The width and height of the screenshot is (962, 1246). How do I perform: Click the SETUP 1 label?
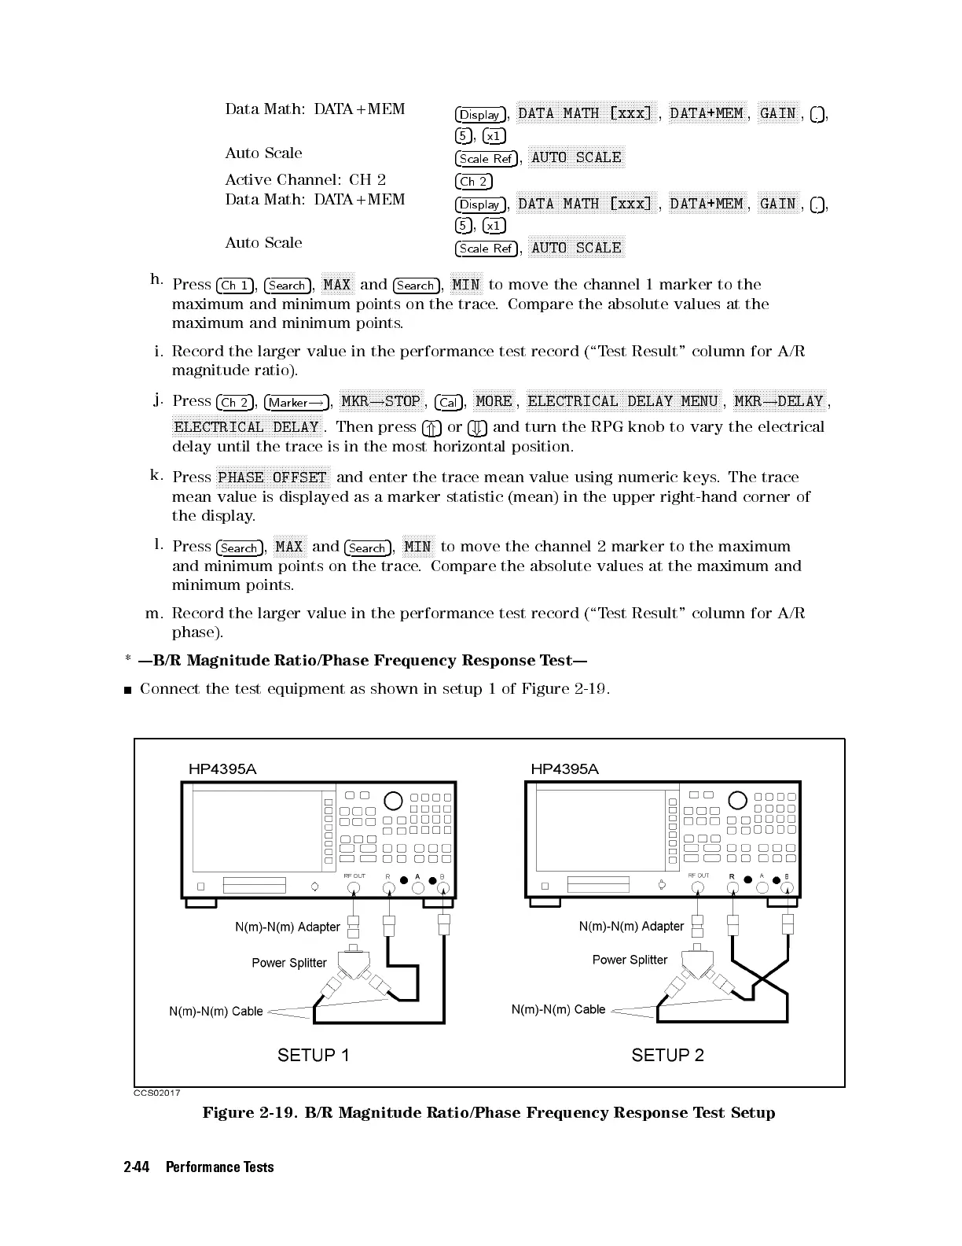[x=313, y=1055]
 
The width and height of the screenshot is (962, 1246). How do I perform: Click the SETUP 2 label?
[x=667, y=1055]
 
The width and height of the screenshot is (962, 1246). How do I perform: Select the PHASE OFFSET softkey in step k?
[x=272, y=477]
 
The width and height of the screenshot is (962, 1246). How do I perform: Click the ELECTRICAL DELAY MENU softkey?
[x=622, y=401]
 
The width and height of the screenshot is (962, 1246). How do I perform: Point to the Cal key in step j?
[x=449, y=403]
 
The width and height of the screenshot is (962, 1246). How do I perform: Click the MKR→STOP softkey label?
[x=380, y=401]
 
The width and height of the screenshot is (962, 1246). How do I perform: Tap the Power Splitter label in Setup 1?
[x=288, y=963]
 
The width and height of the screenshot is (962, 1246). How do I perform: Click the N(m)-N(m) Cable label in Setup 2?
[x=558, y=1009]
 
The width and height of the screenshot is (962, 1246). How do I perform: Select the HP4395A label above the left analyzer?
[x=222, y=769]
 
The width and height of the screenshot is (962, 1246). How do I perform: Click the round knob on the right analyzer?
[x=737, y=800]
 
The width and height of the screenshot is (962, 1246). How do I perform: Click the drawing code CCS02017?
[x=156, y=1093]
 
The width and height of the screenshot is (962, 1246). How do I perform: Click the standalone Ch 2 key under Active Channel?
[x=474, y=182]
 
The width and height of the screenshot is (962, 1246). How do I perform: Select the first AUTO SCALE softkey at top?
[x=576, y=157]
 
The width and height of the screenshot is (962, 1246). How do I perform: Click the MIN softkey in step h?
[x=466, y=284]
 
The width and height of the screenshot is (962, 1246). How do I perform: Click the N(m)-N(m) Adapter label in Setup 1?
[x=287, y=927]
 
